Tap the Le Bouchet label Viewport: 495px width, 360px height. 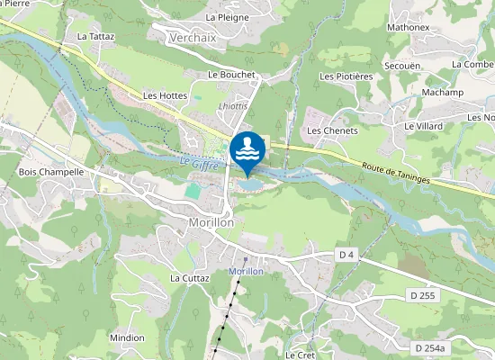click(x=231, y=75)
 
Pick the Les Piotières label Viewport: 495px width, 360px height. click(x=346, y=76)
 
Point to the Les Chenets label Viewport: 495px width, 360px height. click(x=333, y=130)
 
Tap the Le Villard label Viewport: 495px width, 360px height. click(x=423, y=127)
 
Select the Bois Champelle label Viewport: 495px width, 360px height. click(x=51, y=171)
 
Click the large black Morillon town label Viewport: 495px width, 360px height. click(x=211, y=222)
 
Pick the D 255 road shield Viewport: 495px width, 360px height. click(x=421, y=296)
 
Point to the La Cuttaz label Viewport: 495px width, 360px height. click(x=189, y=278)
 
